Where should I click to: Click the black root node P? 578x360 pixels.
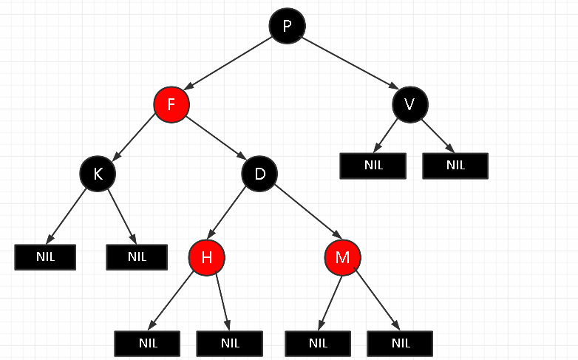click(287, 27)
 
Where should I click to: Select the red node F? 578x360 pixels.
click(171, 104)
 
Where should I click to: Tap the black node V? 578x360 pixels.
click(410, 104)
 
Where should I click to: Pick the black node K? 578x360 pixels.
click(98, 174)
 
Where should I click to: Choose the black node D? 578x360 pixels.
click(259, 174)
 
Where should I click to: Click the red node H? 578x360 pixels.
click(206, 257)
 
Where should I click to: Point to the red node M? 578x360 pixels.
click(342, 257)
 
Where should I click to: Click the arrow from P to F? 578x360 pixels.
click(229, 65)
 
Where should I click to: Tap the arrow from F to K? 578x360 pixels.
click(135, 139)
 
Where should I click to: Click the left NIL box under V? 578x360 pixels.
click(373, 165)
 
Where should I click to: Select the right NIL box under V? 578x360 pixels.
click(455, 165)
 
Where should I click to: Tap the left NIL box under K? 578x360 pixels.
click(45, 257)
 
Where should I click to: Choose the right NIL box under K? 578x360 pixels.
click(137, 257)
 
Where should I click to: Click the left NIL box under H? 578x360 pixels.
click(148, 343)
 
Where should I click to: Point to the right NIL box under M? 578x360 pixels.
click(400, 343)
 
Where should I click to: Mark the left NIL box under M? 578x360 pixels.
click(318, 343)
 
